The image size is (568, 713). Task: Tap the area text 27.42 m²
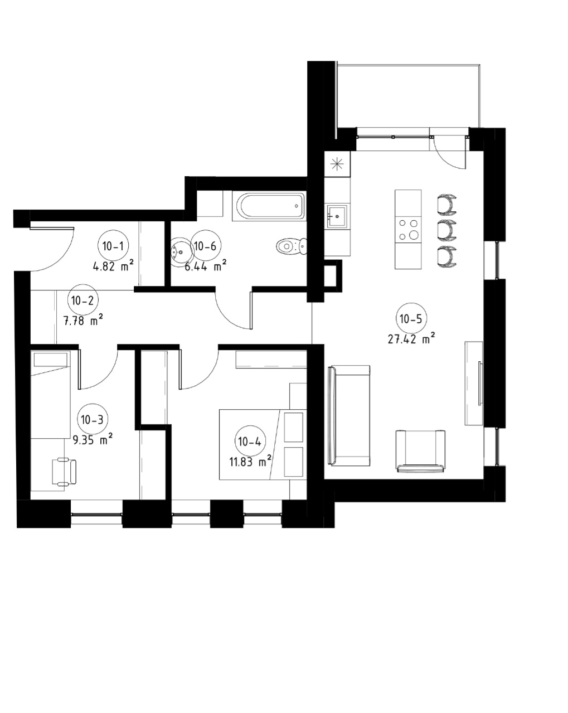411,339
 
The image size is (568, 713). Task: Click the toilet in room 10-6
292,246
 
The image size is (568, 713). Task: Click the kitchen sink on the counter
337,216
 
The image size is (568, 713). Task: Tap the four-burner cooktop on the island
408,229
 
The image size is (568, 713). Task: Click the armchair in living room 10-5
420,450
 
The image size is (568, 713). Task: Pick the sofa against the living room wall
348,415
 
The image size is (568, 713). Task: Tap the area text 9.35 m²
93,440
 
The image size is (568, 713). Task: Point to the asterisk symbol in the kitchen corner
337,164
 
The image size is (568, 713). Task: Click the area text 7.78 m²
82,321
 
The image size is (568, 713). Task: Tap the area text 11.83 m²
250,462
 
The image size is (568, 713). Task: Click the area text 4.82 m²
113,266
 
